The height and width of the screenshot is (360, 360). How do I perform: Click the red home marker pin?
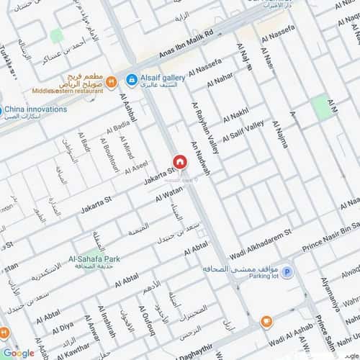[179, 162]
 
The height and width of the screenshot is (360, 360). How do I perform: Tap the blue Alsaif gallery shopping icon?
[132, 80]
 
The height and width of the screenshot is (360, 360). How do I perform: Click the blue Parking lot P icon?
[287, 272]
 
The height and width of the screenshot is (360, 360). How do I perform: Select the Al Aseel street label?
[136, 168]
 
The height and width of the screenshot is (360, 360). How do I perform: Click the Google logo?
[18, 353]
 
